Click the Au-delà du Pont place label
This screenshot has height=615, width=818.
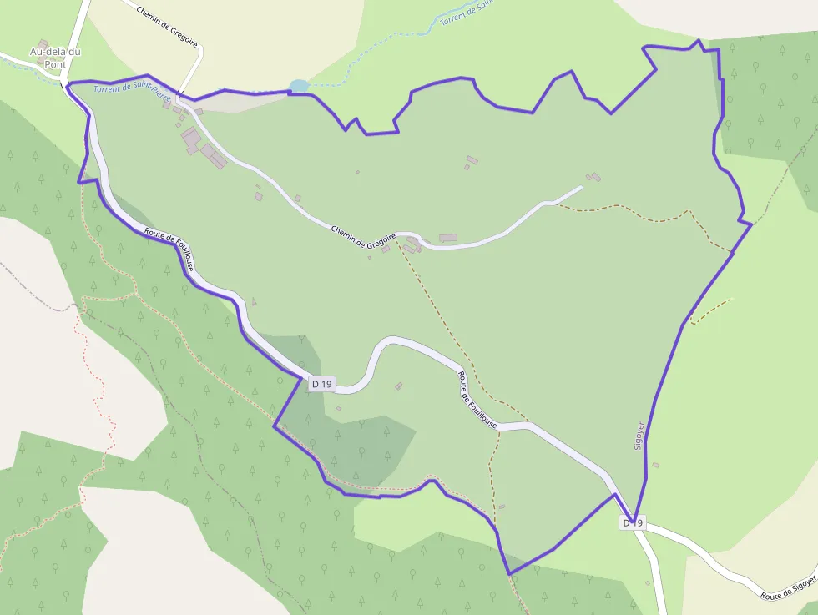tap(56, 57)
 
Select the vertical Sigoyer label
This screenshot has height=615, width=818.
tap(640, 436)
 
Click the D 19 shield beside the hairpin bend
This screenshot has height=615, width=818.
tap(321, 384)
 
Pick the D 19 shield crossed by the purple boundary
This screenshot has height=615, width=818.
tap(633, 522)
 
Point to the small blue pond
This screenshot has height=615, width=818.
tap(298, 86)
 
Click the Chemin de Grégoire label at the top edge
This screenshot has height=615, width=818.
tap(166, 23)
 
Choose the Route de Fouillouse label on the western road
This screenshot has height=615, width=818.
tap(172, 250)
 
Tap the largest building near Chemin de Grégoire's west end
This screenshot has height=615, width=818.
tap(191, 140)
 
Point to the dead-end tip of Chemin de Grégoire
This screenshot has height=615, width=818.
tap(580, 187)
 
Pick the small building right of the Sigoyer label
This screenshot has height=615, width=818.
tap(655, 465)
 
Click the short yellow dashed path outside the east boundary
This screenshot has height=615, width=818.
tap(710, 310)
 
